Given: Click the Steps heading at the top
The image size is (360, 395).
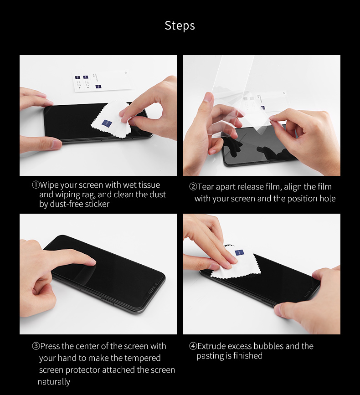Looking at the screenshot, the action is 180,26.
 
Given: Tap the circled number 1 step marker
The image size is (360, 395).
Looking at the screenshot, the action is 36,185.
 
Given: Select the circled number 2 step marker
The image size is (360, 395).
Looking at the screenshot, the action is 193,187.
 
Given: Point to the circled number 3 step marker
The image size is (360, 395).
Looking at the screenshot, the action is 36,346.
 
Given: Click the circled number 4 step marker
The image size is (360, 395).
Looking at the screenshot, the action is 193,346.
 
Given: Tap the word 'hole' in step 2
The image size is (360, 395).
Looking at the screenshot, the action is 328,199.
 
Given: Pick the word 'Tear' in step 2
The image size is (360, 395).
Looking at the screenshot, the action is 206,187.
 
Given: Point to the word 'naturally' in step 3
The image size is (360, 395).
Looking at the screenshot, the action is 54,382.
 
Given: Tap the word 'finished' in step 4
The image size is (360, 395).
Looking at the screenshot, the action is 248,355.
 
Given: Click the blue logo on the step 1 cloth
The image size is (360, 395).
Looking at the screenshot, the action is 107,123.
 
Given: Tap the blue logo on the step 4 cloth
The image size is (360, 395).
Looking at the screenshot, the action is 239,253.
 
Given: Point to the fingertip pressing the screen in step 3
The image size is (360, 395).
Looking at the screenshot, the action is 92,262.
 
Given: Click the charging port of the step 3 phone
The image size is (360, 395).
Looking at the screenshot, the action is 151,291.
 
